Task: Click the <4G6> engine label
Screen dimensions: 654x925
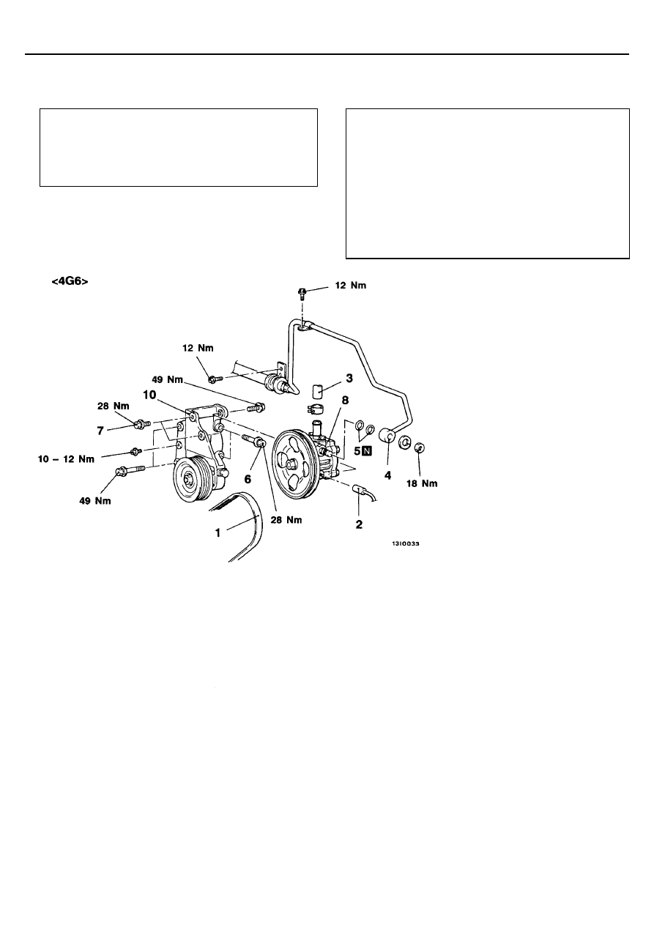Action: [x=70, y=282]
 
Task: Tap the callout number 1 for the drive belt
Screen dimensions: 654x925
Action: [x=218, y=533]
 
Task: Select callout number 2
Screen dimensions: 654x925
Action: [x=359, y=524]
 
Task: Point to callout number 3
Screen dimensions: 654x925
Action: [x=349, y=378]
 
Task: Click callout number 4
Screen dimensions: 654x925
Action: [x=387, y=476]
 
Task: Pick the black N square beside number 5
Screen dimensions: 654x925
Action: [x=367, y=451]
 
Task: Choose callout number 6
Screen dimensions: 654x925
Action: [x=248, y=479]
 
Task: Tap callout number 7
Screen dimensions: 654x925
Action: [x=100, y=431]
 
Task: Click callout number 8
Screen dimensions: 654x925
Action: [x=345, y=400]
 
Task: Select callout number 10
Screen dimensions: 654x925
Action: [x=149, y=395]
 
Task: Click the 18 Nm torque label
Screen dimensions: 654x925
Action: [x=422, y=483]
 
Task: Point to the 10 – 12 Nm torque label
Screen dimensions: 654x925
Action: [x=66, y=459]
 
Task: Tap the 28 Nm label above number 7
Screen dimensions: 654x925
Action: [x=113, y=406]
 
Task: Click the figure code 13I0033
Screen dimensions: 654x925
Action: [x=406, y=544]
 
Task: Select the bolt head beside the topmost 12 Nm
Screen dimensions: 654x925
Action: [x=302, y=293]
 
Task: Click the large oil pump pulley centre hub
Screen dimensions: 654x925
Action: [x=290, y=464]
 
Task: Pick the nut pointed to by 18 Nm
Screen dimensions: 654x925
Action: [x=420, y=447]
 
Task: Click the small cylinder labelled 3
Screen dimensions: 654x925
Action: [x=317, y=390]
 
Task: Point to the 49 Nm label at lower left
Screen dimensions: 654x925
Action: [x=95, y=501]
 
